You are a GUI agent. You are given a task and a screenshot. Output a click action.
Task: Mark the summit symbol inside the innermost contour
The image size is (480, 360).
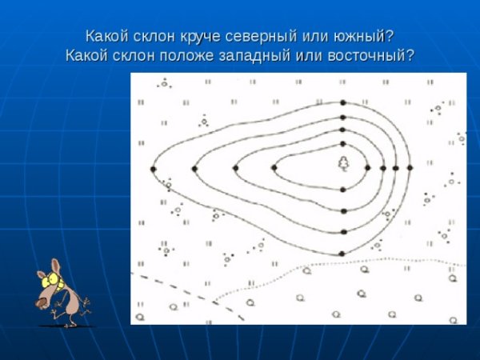click(343, 163)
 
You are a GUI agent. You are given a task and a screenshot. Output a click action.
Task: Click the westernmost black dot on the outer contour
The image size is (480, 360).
click(153, 169)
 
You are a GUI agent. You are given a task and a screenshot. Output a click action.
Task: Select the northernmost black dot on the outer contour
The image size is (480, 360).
click(343, 103)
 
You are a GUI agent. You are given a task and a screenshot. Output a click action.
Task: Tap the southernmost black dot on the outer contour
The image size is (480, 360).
click(343, 254)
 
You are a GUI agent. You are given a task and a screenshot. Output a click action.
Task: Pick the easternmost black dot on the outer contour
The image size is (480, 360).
click(410, 168)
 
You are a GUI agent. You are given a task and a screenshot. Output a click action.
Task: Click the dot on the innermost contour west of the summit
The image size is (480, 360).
click(274, 168)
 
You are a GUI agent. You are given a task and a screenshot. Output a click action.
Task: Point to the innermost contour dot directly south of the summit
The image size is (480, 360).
click(343, 190)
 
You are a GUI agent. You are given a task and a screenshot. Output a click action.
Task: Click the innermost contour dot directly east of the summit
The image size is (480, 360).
click(368, 168)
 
